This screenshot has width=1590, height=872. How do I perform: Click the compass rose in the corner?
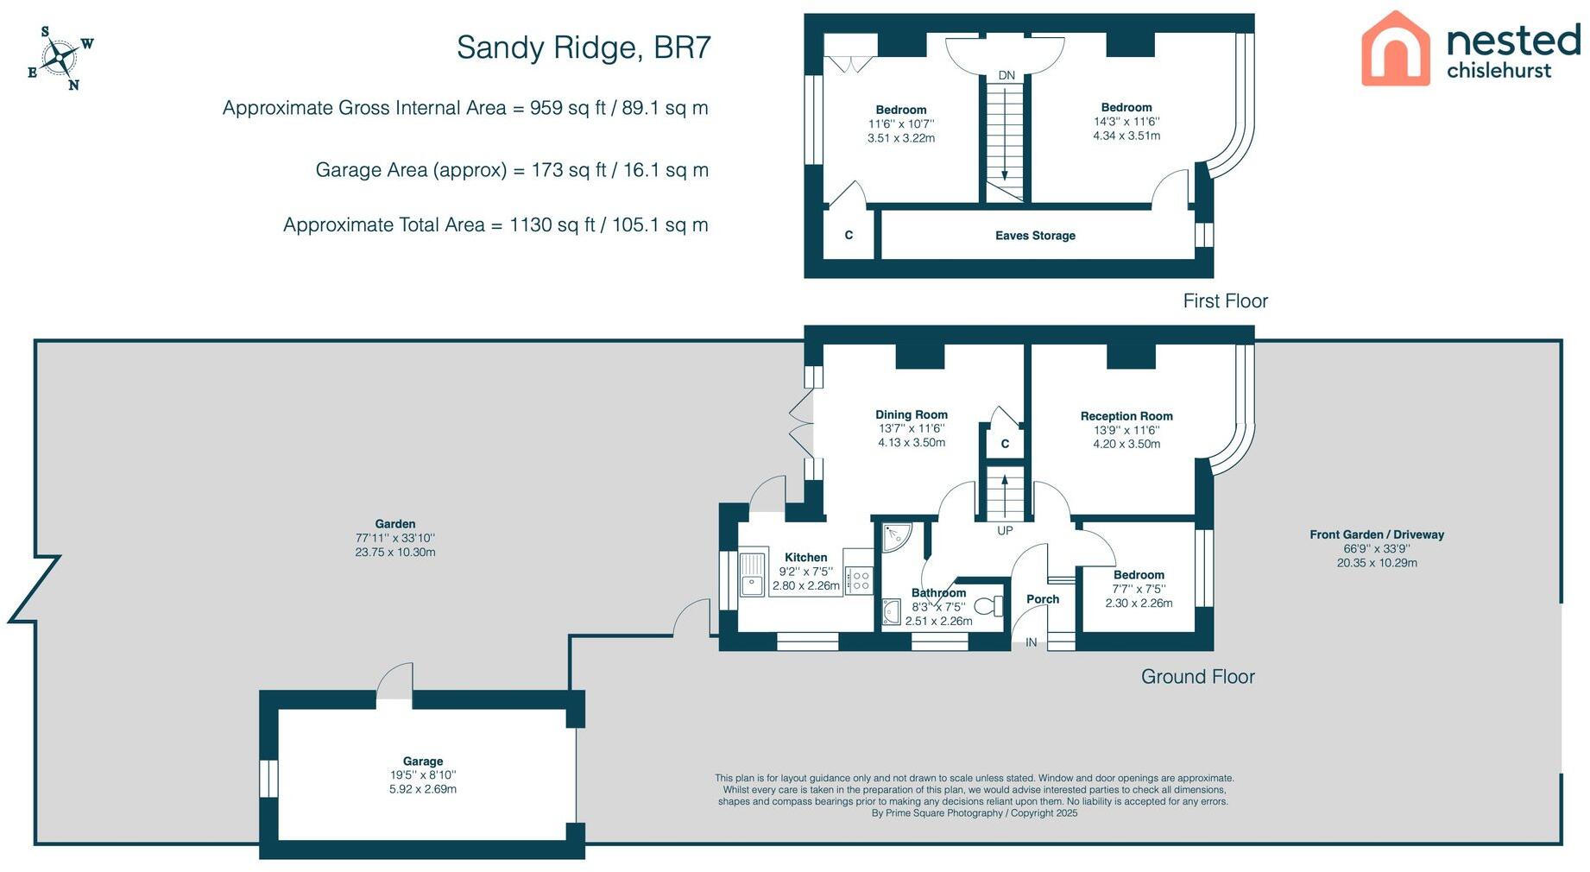click(60, 59)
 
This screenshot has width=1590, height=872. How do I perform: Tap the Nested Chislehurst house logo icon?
click(1395, 49)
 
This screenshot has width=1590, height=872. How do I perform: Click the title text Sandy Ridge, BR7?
click(583, 47)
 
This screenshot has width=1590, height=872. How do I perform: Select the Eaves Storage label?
click(1035, 236)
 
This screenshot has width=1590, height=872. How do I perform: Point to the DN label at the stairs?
click(1006, 76)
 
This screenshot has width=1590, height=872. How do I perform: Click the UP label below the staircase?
click(1005, 530)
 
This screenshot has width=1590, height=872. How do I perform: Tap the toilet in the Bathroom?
click(994, 606)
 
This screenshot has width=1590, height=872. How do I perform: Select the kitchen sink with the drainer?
click(754, 574)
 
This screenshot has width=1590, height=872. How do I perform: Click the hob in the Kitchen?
click(860, 580)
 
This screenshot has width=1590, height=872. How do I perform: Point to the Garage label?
click(423, 761)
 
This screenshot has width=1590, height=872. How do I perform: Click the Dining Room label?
click(912, 415)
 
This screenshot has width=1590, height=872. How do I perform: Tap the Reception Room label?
click(1126, 416)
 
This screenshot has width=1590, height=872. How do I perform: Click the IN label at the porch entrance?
click(1031, 642)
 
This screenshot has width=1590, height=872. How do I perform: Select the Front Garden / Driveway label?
click(1377, 535)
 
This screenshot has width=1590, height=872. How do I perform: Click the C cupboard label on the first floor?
click(849, 235)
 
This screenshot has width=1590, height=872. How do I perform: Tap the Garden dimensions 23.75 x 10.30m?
click(395, 553)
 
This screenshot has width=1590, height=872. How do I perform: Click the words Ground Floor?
click(1197, 677)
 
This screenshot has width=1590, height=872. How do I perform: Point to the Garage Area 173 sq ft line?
click(511, 170)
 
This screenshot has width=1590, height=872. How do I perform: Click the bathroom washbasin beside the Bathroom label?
click(892, 612)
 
